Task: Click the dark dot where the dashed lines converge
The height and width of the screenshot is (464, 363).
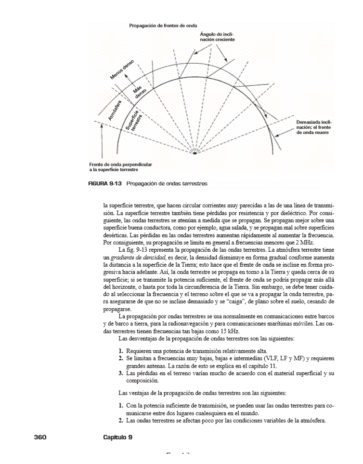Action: [x=194, y=153]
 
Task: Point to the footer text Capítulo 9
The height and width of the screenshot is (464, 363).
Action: [x=117, y=437]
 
